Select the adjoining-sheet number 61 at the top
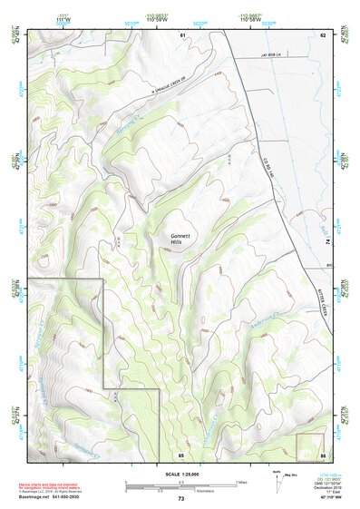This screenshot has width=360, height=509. coord(182,34)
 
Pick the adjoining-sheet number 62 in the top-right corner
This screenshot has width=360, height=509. coord(322,34)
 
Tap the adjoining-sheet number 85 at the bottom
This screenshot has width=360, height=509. coord(180,454)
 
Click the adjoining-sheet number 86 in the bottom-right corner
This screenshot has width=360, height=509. coord(322,454)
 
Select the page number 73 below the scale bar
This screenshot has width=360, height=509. coord(180,499)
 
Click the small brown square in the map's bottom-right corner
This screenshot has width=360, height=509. coord(309,445)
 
